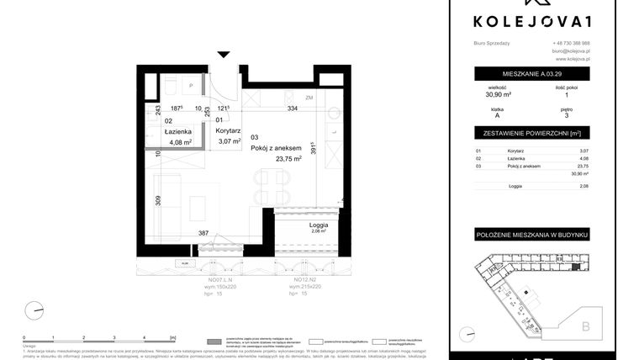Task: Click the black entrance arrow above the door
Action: [224, 55]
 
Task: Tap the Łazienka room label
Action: [178, 131]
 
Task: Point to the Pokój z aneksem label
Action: [275, 147]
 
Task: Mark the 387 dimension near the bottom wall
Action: [203, 233]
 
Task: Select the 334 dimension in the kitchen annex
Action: [293, 109]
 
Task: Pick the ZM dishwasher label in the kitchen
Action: [309, 98]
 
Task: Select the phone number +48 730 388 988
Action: [571, 43]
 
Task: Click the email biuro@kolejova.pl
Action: [571, 51]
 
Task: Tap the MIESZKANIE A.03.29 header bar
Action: [531, 74]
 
